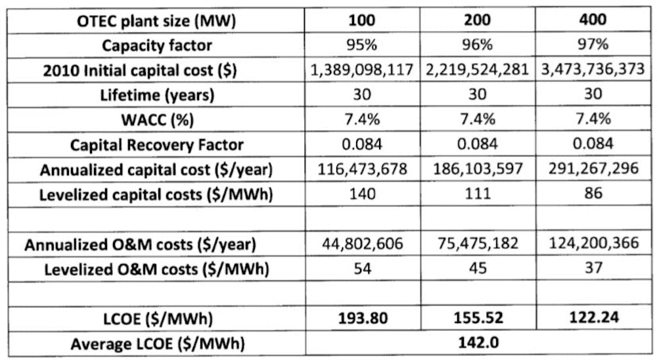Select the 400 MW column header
tap(593, 20)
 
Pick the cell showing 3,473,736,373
tap(593, 70)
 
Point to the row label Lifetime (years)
tap(157, 95)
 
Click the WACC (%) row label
tap(157, 120)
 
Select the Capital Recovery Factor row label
tap(157, 145)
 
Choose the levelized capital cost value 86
tap(593, 194)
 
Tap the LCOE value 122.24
tap(593, 318)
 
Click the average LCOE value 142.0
tap(477, 342)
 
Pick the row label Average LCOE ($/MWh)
tap(157, 342)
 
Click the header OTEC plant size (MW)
tap(157, 20)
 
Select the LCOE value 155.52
tap(477, 318)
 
